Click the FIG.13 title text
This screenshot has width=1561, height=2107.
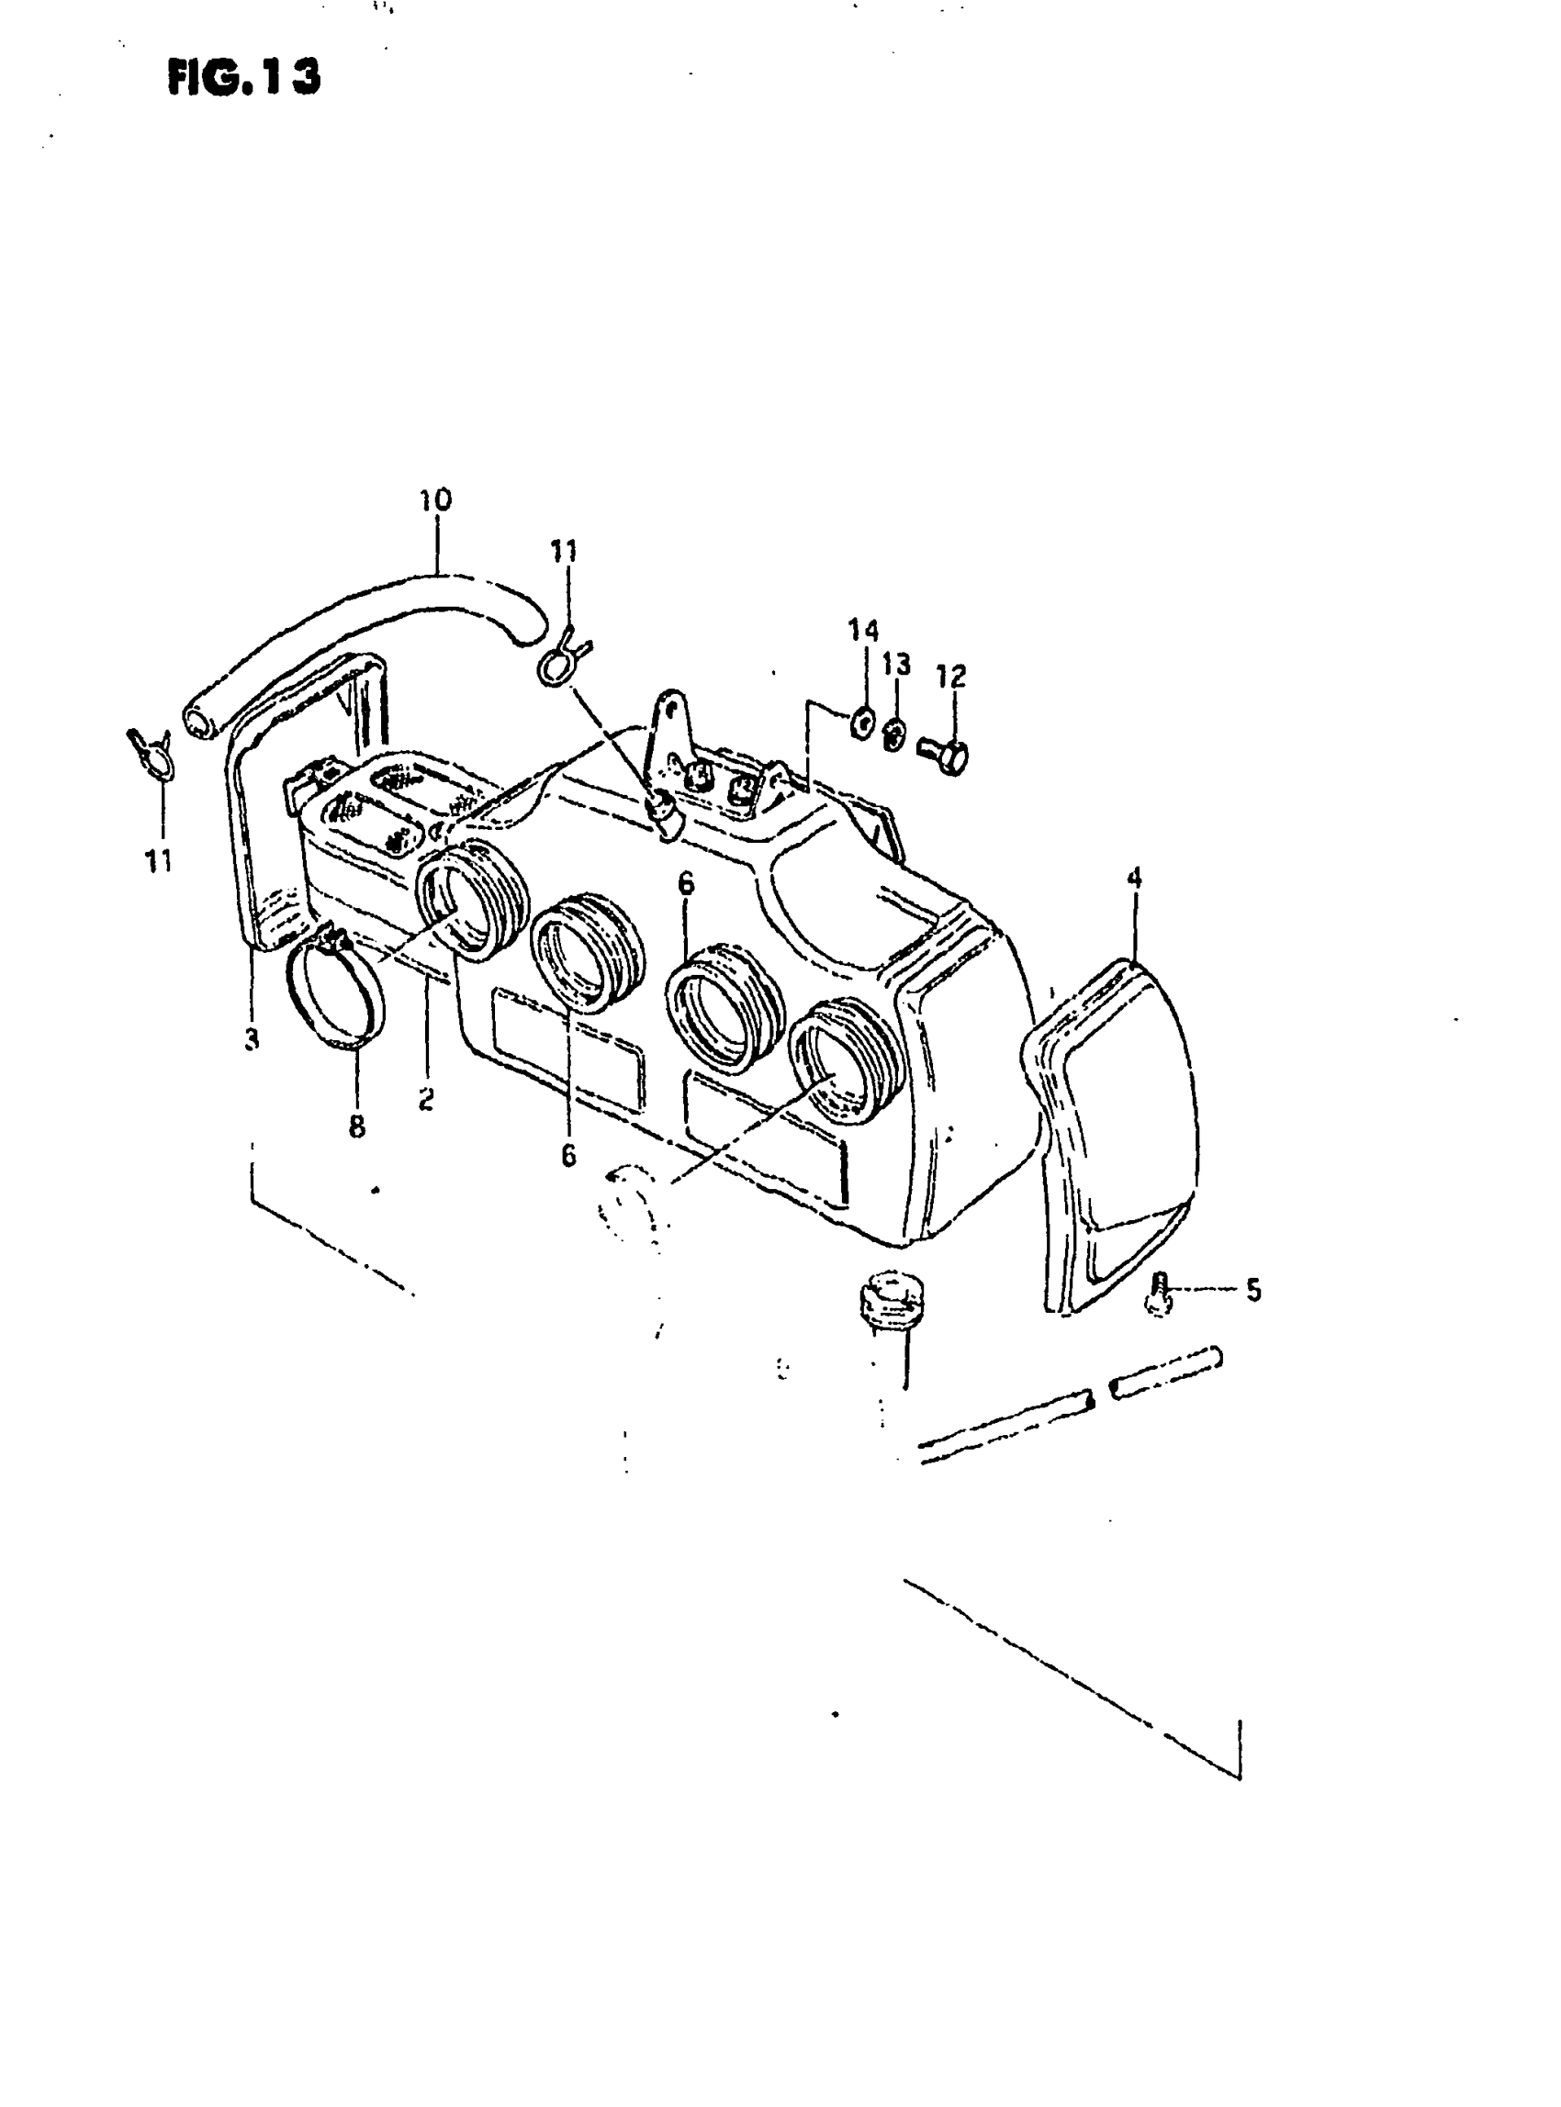(243, 76)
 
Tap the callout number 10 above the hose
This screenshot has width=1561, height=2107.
(435, 499)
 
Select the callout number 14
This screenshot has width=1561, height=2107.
(863, 630)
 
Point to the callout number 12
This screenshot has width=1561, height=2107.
(951, 676)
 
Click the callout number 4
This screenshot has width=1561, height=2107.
(1134, 878)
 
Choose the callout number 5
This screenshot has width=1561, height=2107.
(1253, 1290)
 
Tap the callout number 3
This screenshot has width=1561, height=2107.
(251, 1039)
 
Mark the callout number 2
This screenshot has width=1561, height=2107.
(426, 1098)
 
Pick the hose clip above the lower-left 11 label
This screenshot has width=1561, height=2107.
(152, 752)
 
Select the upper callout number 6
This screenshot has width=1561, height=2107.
(686, 883)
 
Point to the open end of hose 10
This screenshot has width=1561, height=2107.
(198, 723)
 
